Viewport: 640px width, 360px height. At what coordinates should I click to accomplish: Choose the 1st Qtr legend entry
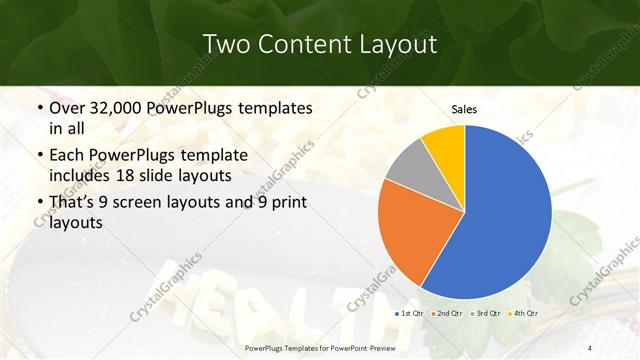click(x=410, y=315)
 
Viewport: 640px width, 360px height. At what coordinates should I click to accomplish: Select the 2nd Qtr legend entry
click(x=449, y=315)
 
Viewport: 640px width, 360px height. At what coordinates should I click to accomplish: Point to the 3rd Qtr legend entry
click(x=486, y=315)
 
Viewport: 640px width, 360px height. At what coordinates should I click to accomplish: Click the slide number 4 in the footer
click(x=588, y=347)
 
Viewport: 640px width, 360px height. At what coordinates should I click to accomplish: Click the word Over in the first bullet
click(x=69, y=108)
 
